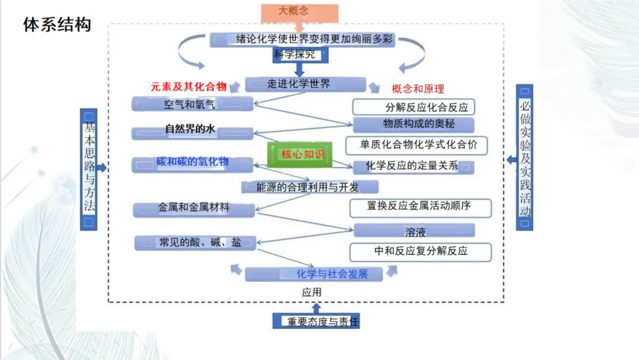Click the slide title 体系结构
tap(57, 25)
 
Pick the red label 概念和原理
tap(418, 89)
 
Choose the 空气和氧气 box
tap(192, 104)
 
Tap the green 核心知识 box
tap(300, 155)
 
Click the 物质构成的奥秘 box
tap(414, 124)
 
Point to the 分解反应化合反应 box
tap(414, 107)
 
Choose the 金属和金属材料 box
tap(194, 209)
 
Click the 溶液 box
tap(415, 231)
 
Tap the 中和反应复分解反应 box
tap(420, 251)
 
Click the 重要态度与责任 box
tap(316, 322)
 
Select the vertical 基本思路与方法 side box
tap(89, 169)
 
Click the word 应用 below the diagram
tap(311, 292)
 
